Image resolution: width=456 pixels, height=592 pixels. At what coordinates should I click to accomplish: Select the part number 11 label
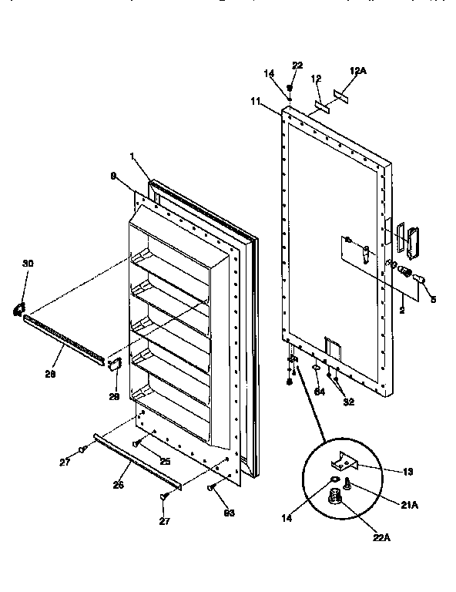click(x=255, y=101)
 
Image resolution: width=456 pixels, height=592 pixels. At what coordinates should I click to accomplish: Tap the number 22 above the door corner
click(x=297, y=65)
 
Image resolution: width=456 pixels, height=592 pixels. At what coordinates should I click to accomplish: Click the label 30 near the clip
click(x=28, y=264)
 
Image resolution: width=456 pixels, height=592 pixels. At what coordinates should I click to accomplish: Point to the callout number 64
click(x=319, y=391)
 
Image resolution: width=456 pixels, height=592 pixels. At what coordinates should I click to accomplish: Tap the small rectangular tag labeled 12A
click(x=341, y=94)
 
